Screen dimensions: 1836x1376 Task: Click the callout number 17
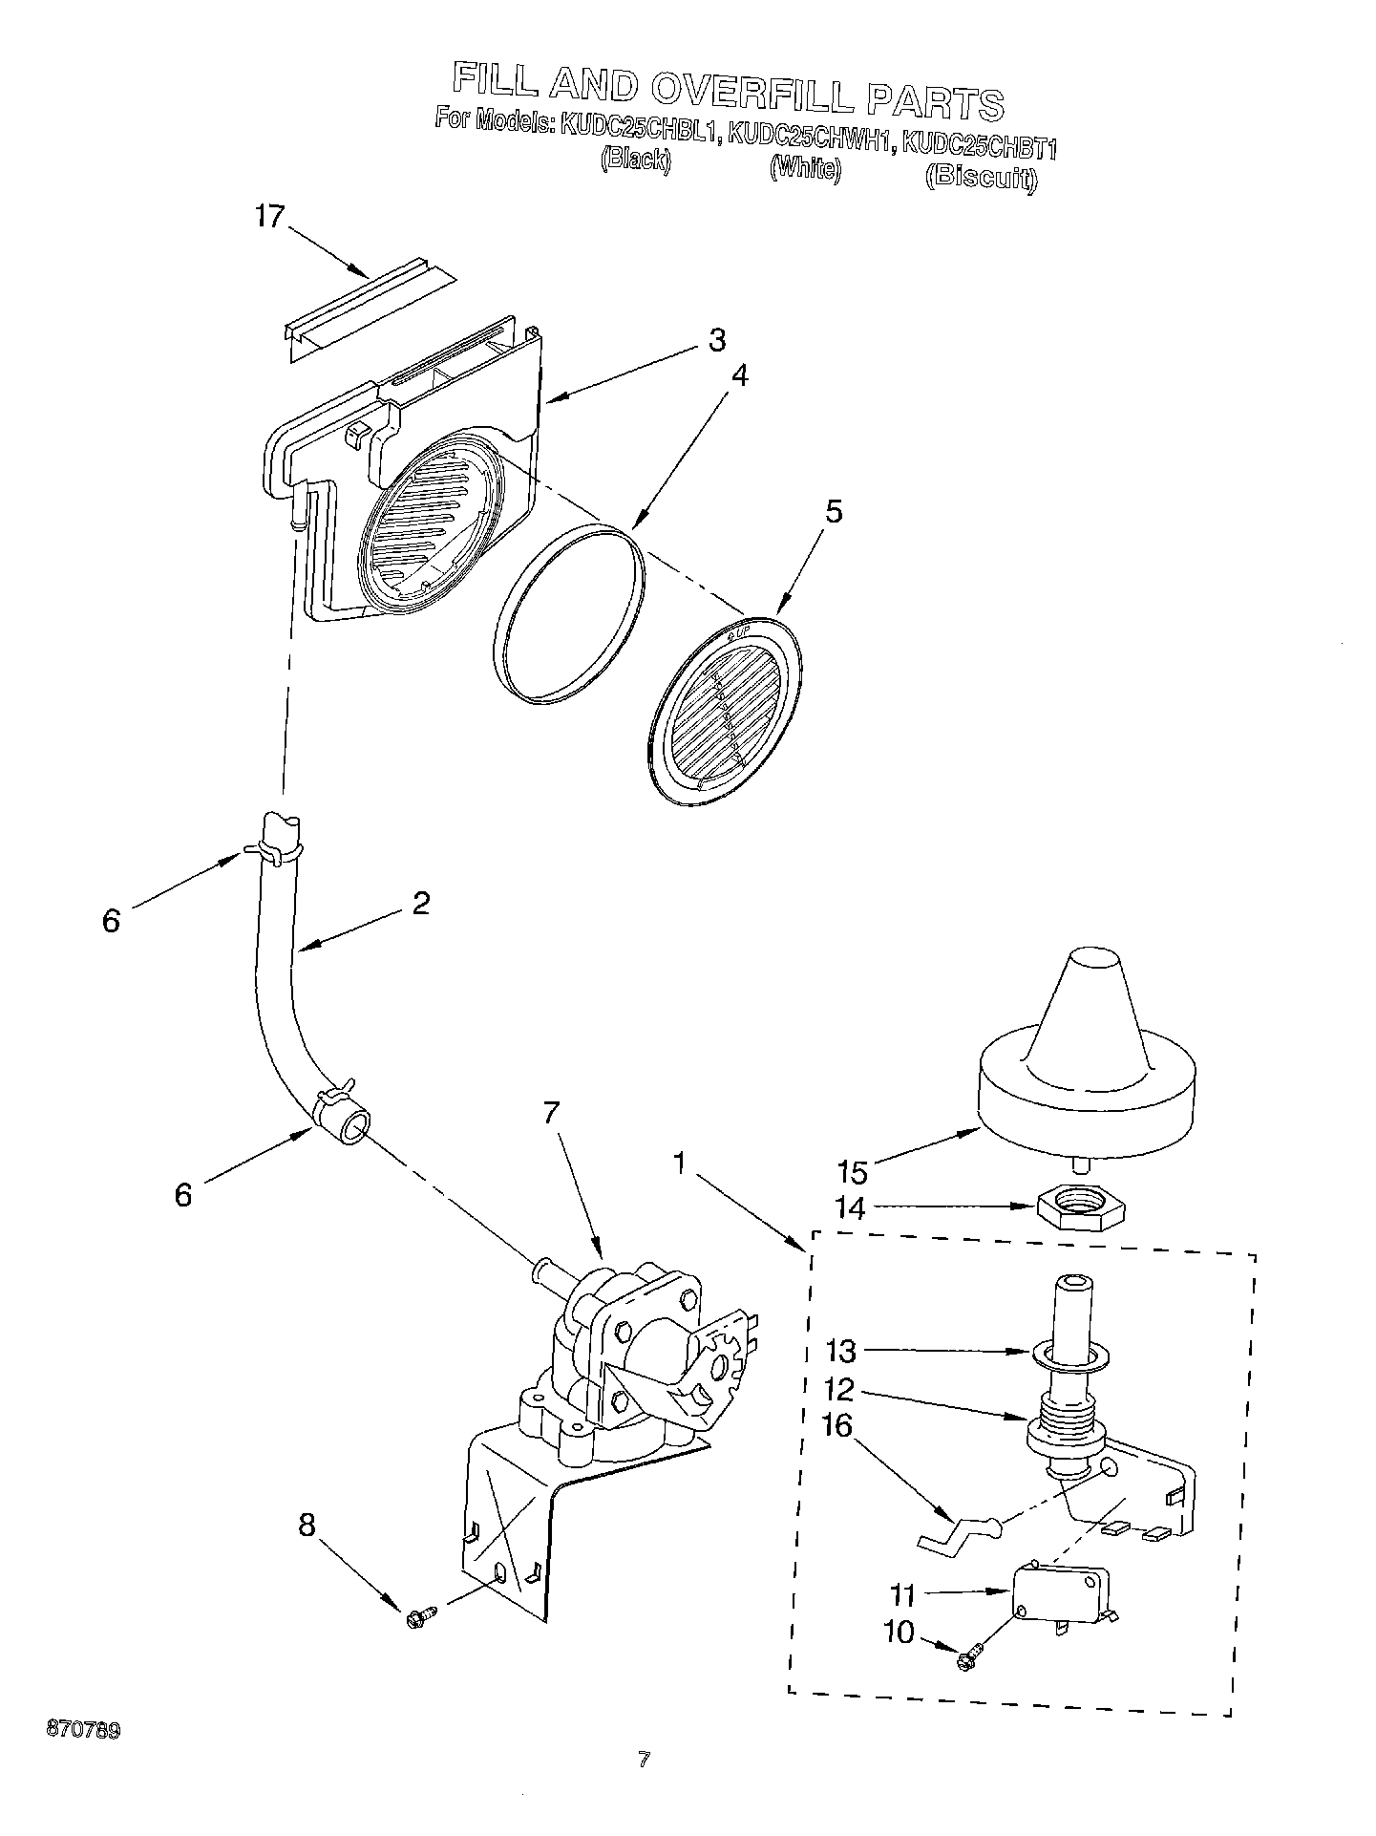(x=270, y=218)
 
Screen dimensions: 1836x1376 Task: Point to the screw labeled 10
(x=969, y=1660)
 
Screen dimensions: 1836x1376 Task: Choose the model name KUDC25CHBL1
(x=639, y=131)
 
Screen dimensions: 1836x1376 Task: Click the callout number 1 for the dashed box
(x=679, y=1164)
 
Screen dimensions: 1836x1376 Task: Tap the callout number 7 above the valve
(x=551, y=1113)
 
